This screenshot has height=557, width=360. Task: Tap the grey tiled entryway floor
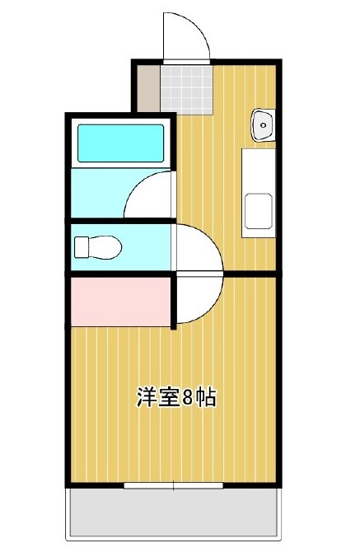click(x=186, y=87)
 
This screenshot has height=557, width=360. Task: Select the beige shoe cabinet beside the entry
click(x=147, y=87)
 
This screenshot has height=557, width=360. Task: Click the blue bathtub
click(x=120, y=143)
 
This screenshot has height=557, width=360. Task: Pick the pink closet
click(x=119, y=302)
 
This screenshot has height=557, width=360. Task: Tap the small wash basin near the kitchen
click(x=263, y=124)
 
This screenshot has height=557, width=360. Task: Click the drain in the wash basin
click(x=264, y=124)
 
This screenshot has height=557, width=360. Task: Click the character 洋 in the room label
click(x=145, y=398)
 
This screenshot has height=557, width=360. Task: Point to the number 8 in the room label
click(x=188, y=398)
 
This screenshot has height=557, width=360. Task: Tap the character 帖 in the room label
click(x=206, y=398)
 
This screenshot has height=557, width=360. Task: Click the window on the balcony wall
click(x=174, y=485)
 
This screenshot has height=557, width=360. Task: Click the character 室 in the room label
click(x=166, y=398)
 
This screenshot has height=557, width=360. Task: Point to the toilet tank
click(x=81, y=246)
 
